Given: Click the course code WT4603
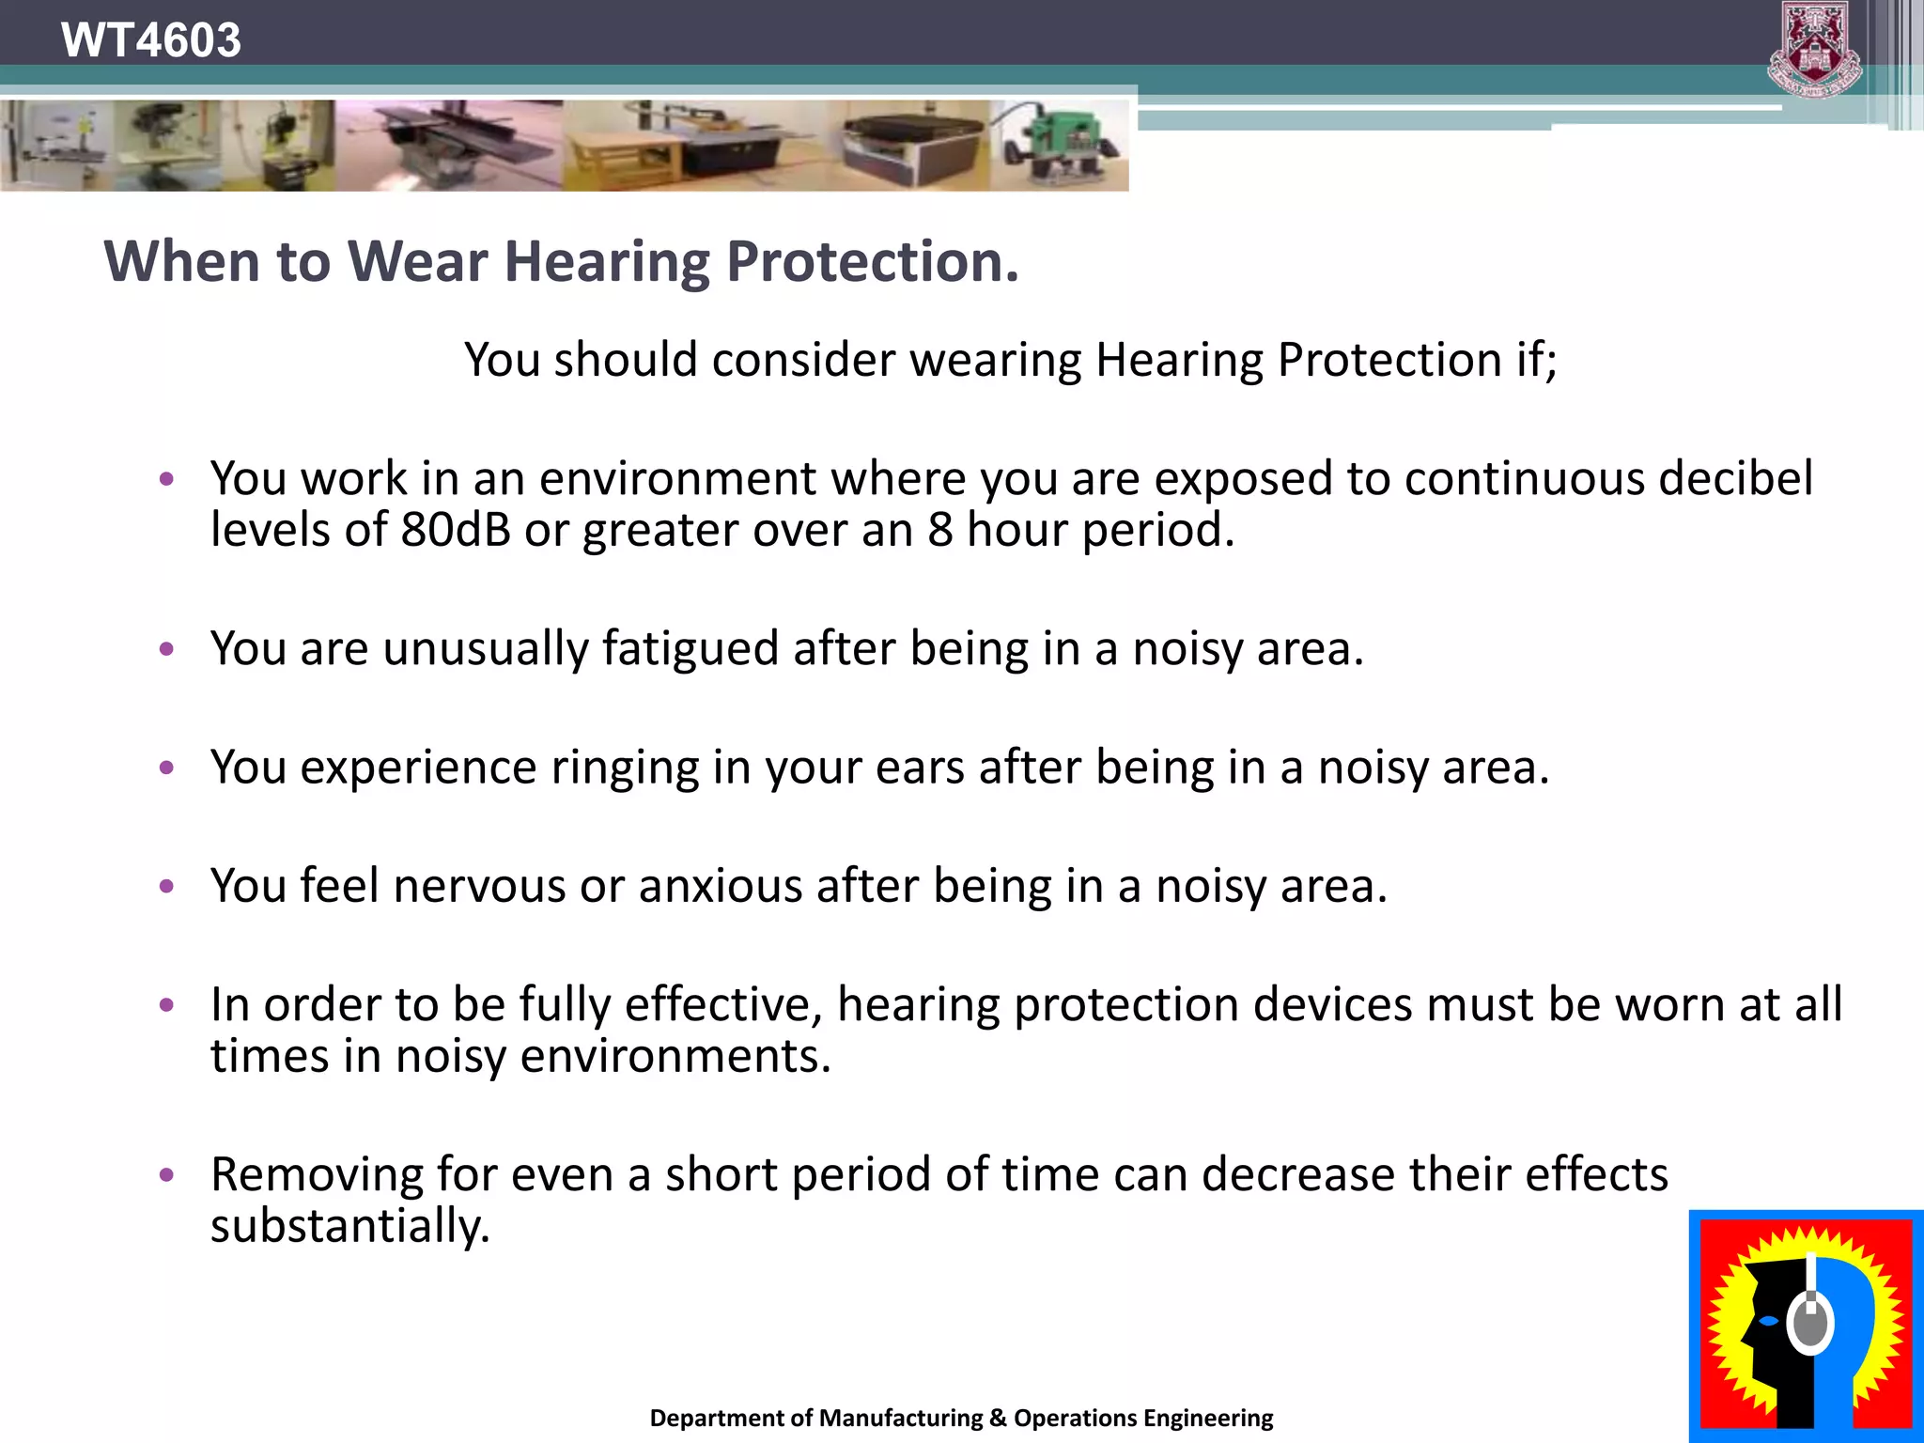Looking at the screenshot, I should coord(150,40).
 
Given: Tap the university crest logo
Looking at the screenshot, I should coord(1814,49).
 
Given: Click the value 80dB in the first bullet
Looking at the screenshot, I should coord(456,530).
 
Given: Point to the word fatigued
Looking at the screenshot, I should coord(690,649).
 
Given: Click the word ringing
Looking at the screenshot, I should coord(625,768).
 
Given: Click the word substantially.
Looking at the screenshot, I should coord(349,1227).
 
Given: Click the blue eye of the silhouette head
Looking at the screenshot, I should coord(1768,1321).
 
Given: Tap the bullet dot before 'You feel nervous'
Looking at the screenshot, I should coord(167,886).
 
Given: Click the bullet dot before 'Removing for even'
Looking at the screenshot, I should coord(167,1174).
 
